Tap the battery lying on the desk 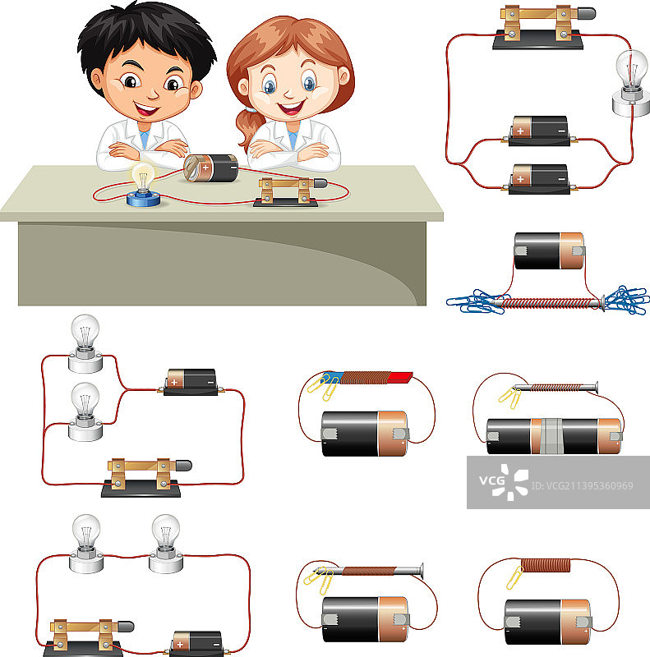point(211,168)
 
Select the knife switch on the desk point(290,192)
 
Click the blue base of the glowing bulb point(144,199)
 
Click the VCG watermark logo point(504,482)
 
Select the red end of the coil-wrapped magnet point(399,377)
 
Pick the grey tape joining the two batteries point(551,436)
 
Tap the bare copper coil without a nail point(545,565)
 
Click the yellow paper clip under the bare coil point(514,577)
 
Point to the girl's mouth point(291,108)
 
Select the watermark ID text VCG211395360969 point(583,486)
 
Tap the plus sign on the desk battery point(205,168)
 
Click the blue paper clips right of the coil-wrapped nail point(626,300)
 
